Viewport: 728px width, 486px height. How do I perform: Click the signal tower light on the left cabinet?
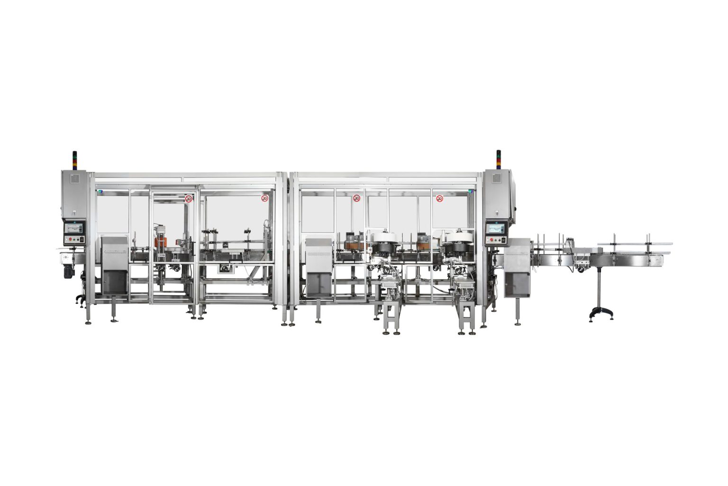pos(74,160)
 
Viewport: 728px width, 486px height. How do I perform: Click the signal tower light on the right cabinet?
pos(498,159)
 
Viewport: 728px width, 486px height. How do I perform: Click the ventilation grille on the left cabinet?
pos(75,179)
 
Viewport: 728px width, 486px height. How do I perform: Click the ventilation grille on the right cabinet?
pos(496,178)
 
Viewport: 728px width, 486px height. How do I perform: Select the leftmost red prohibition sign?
pos(189,199)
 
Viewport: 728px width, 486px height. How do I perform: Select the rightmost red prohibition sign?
pos(439,198)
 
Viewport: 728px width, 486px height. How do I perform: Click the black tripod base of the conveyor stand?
pos(601,315)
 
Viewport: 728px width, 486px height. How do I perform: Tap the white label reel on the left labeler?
pos(382,237)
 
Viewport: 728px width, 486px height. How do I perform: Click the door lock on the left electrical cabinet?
pos(74,213)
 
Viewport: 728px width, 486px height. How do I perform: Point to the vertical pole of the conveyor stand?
pos(600,288)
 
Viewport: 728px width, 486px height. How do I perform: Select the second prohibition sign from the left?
pos(264,198)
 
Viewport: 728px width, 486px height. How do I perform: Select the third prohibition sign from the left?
pos(356,198)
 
